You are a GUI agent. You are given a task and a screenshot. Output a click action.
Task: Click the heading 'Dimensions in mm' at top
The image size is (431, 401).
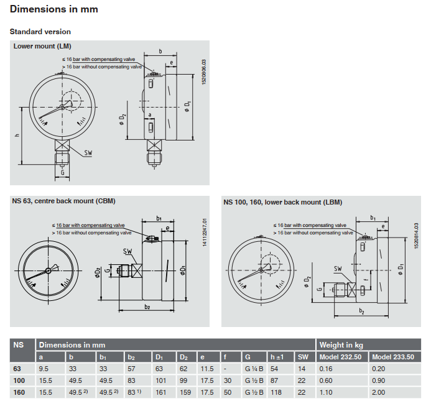point(54,11)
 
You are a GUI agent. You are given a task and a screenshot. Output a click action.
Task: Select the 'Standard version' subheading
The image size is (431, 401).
point(40,32)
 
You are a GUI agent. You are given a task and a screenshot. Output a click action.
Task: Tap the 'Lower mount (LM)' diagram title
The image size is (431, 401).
point(42,47)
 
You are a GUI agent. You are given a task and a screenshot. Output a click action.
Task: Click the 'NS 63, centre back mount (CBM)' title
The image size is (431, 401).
point(64,201)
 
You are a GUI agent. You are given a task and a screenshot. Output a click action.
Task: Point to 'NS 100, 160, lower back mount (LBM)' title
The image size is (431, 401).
point(283,202)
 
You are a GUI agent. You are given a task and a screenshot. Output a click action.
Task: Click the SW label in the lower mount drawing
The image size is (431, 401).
point(90,152)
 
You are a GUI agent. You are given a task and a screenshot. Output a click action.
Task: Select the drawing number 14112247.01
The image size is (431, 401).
point(203,232)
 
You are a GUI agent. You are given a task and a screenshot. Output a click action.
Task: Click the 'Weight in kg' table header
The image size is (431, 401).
point(340,344)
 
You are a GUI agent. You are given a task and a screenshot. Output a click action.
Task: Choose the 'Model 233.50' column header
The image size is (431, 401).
point(392,357)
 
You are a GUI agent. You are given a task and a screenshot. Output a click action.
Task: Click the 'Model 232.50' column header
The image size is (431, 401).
point(341,357)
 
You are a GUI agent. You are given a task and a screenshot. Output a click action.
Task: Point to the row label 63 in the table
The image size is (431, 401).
point(17,369)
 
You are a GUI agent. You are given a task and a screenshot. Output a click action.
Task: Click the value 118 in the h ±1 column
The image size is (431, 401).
point(276,393)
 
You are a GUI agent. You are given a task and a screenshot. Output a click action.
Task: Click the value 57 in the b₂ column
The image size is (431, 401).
point(131,369)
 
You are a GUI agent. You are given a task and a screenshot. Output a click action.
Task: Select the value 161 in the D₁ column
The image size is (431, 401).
point(162,393)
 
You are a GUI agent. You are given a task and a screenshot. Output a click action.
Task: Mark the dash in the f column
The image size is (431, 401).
point(225,369)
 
